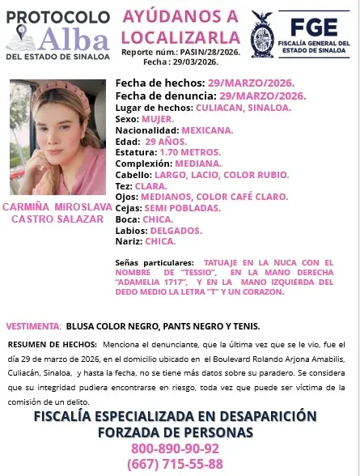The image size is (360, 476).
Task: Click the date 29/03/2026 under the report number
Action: tap(194, 62)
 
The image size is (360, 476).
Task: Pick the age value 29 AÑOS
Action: tap(170, 141)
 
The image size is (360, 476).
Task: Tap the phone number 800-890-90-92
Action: tap(175, 448)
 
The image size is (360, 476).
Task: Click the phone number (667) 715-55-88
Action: tap(175, 464)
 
